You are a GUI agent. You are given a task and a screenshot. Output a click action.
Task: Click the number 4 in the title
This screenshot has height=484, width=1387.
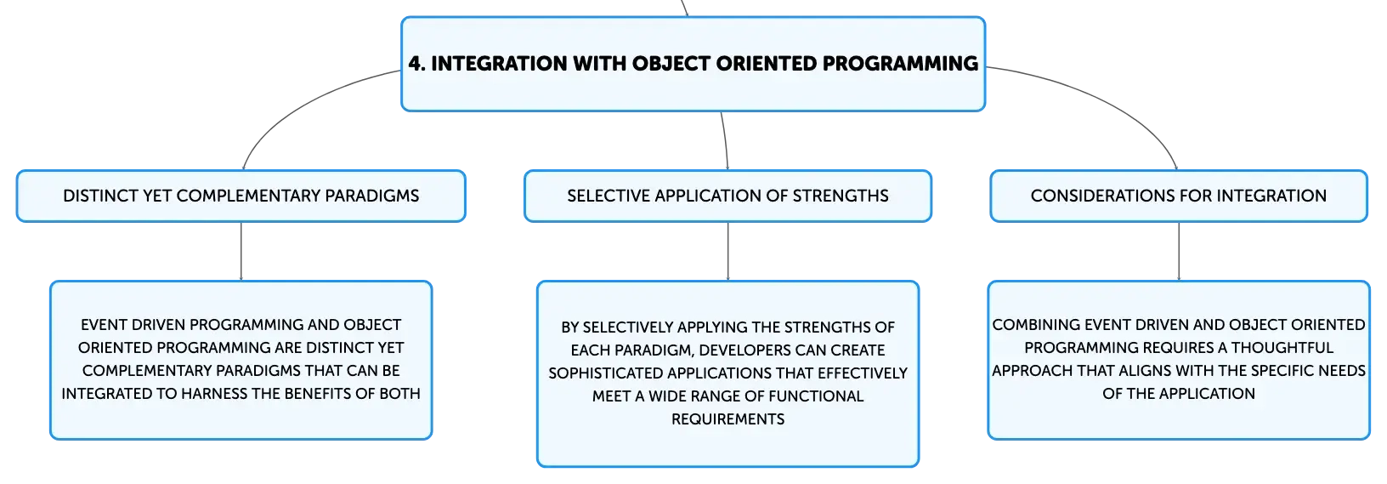[416, 63]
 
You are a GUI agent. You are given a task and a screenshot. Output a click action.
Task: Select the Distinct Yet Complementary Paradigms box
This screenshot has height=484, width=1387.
[241, 196]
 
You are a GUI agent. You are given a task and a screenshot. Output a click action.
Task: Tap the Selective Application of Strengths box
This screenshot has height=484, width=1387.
[727, 196]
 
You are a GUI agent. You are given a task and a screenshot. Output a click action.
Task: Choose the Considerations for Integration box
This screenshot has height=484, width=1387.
[1178, 196]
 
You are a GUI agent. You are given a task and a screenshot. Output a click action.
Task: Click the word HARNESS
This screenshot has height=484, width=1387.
[214, 394]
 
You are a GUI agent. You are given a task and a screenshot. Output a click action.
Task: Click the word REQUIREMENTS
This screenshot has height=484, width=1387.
[727, 419]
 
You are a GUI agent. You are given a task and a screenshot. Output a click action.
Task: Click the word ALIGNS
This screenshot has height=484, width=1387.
[1128, 371]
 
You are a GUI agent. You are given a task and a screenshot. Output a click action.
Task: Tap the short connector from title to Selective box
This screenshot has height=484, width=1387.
[726, 140]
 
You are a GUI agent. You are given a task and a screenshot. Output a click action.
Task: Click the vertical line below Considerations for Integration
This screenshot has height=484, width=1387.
[1178, 251]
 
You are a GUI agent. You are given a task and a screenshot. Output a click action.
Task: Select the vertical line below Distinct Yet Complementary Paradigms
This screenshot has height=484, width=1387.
[241, 251]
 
